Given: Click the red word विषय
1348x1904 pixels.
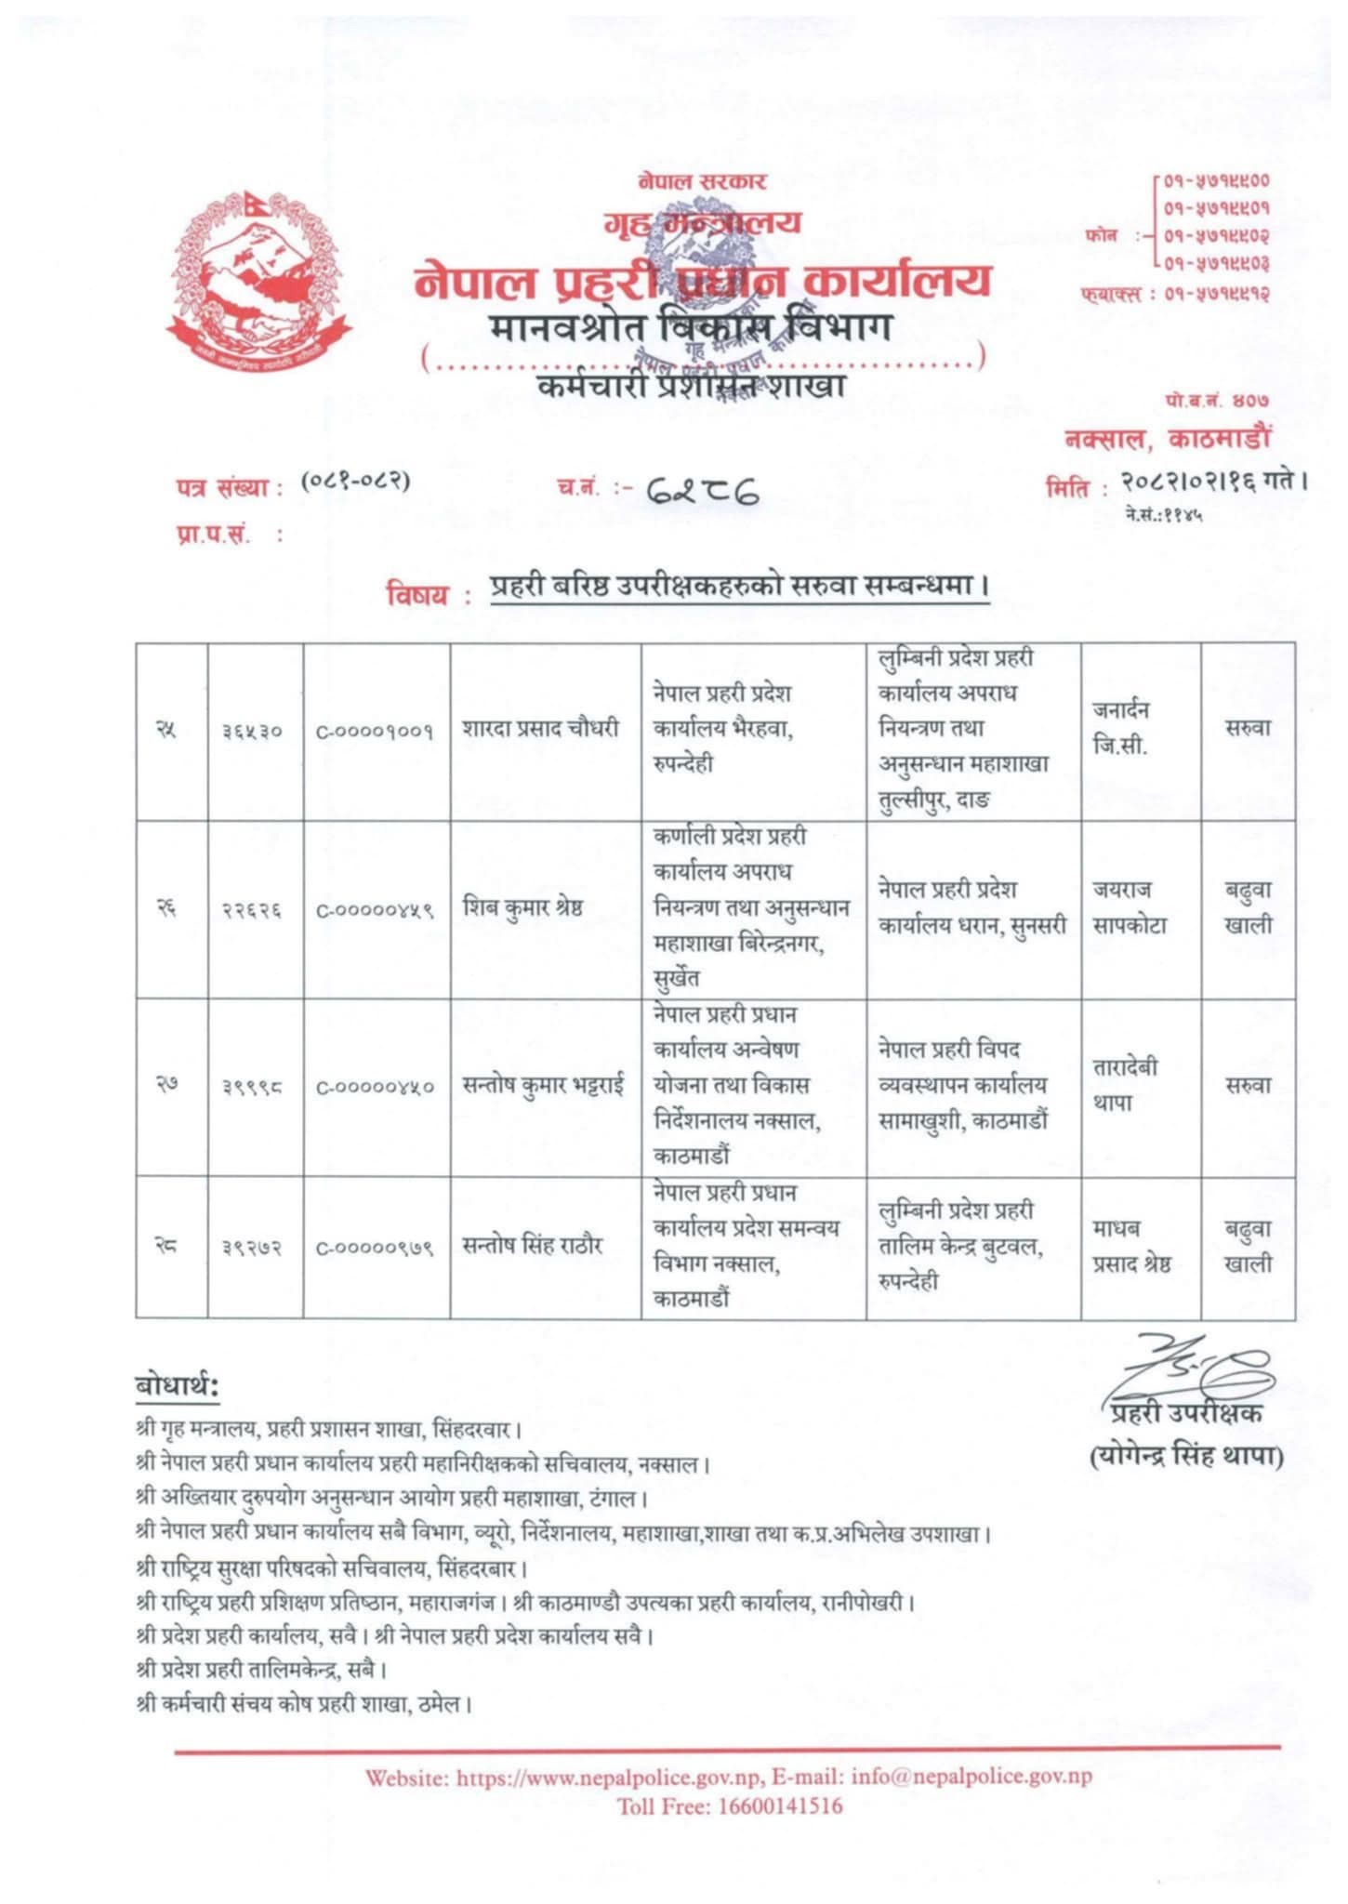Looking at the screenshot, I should click(x=416, y=595).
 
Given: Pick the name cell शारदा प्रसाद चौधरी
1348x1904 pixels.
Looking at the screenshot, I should click(x=541, y=729).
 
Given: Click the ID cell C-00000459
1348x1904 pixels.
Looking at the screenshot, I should click(x=376, y=910).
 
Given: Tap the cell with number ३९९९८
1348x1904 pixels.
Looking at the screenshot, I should click(x=253, y=1087).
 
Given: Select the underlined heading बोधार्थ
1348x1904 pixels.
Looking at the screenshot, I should click(x=177, y=1386).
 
